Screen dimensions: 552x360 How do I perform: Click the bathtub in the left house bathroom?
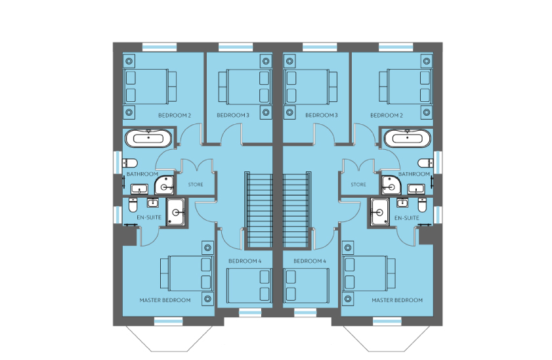(148, 139)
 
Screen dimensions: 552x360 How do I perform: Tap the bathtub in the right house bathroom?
(408, 139)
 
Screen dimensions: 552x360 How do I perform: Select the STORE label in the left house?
(196, 185)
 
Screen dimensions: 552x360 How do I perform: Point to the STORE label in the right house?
(358, 185)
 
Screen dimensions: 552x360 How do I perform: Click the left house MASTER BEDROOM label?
(165, 300)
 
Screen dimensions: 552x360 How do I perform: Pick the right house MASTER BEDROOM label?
(397, 300)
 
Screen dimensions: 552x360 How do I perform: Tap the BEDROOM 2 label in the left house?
(175, 116)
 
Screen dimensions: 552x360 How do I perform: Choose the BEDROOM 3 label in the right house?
(322, 115)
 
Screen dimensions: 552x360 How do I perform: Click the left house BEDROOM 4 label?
(245, 261)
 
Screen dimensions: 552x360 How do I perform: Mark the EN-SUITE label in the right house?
(406, 218)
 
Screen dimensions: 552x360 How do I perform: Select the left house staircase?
(259, 211)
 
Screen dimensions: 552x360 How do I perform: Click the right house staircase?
(297, 211)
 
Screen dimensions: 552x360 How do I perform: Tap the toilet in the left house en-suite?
(133, 205)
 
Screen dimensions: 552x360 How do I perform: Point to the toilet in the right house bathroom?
(425, 163)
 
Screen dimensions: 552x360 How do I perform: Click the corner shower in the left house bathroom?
(164, 186)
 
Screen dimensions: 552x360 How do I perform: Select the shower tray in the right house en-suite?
(379, 212)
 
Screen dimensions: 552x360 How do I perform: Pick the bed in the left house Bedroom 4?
(249, 286)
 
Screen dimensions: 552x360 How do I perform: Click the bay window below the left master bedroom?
(169, 338)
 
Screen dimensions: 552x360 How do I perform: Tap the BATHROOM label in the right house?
(414, 174)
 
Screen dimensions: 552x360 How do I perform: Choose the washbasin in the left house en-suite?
(153, 203)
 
